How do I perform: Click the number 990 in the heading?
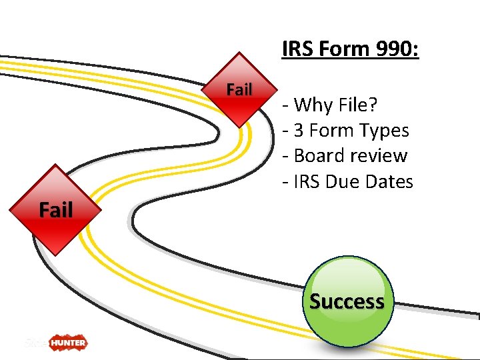(395, 49)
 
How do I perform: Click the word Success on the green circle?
(347, 301)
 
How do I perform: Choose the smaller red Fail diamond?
(239, 90)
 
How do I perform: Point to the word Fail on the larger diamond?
(55, 210)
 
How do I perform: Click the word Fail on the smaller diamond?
(239, 89)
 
